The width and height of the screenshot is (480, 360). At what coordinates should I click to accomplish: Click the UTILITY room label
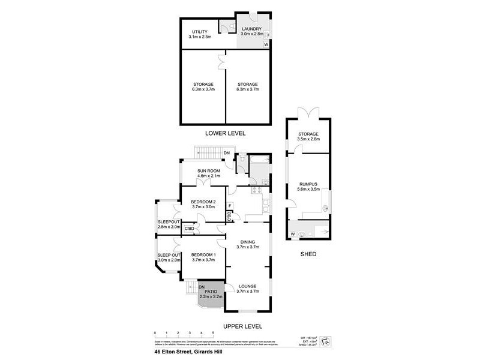(199, 31)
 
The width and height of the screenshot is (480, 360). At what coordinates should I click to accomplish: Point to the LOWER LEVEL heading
(225, 133)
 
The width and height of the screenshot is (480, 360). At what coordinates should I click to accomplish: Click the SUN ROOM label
(209, 170)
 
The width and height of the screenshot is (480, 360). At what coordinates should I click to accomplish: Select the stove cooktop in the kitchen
(257, 191)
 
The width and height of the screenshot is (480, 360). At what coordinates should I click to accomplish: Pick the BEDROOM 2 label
(202, 201)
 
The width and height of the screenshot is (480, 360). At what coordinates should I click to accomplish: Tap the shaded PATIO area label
(211, 292)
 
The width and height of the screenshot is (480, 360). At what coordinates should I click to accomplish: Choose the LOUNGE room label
(247, 286)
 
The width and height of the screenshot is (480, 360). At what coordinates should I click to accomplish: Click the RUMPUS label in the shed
(308, 184)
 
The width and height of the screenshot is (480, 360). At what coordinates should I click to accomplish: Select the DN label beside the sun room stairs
(226, 154)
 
